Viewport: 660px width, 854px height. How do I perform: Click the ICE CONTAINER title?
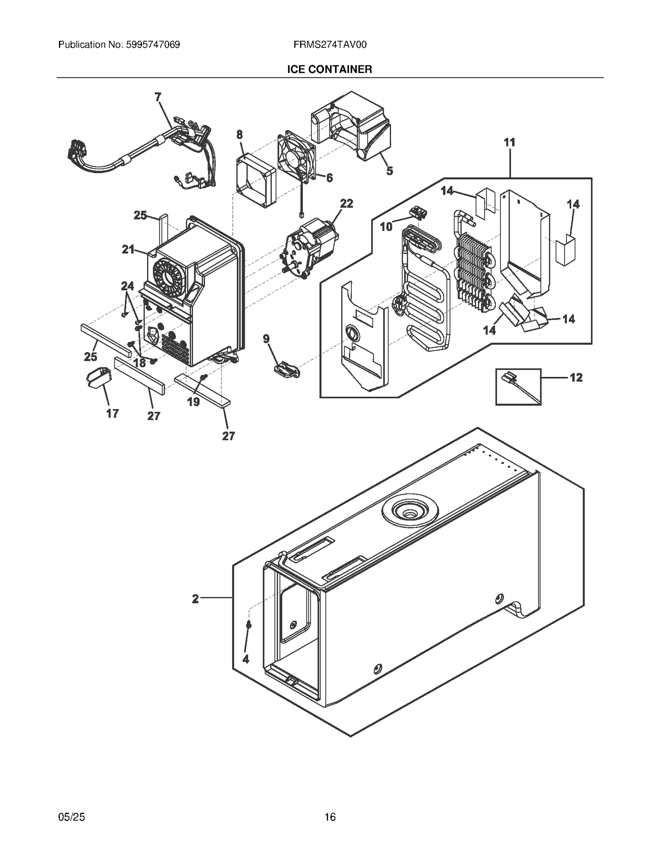(330, 69)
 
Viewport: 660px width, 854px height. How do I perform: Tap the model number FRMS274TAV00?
(330, 45)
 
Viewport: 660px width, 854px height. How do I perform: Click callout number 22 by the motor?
(346, 204)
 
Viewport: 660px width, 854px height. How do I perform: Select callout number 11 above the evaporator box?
(509, 143)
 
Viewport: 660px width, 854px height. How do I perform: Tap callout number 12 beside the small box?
(576, 377)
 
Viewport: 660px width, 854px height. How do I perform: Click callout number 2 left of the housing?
(196, 599)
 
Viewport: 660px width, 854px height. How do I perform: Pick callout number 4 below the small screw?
(246, 659)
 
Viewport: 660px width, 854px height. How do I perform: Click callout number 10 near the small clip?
(386, 226)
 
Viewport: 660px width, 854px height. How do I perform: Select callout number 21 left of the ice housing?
(128, 249)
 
